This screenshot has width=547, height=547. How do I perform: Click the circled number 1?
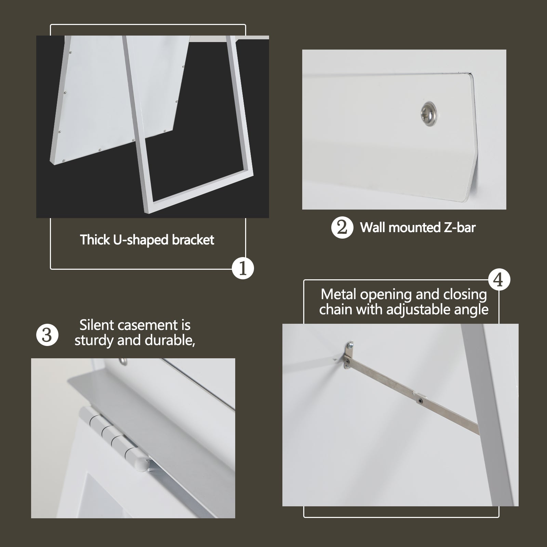click(x=243, y=268)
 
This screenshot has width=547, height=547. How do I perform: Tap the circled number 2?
click(x=342, y=228)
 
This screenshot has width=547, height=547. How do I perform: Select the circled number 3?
click(x=47, y=335)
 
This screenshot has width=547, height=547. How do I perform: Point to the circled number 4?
click(x=499, y=280)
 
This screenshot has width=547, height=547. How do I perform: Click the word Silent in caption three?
click(x=97, y=325)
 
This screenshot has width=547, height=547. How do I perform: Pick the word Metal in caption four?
click(x=338, y=294)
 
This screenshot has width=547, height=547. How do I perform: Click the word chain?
click(x=336, y=310)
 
